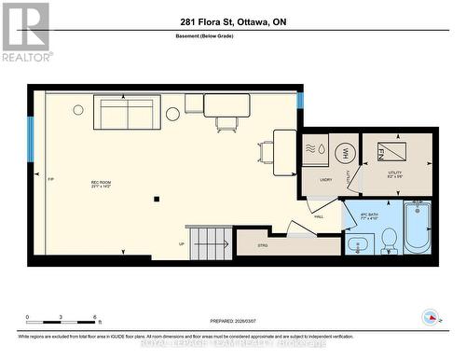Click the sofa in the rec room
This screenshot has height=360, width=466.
point(129,115)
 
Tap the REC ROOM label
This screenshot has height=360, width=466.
point(102,184)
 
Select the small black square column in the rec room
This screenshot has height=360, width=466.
point(158,197)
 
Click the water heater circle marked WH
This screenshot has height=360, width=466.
point(343,153)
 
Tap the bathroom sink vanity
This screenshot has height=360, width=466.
point(358,245)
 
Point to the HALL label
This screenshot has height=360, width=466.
point(318,216)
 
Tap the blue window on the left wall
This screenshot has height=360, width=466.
point(31,136)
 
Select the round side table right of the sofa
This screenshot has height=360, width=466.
point(172,114)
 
